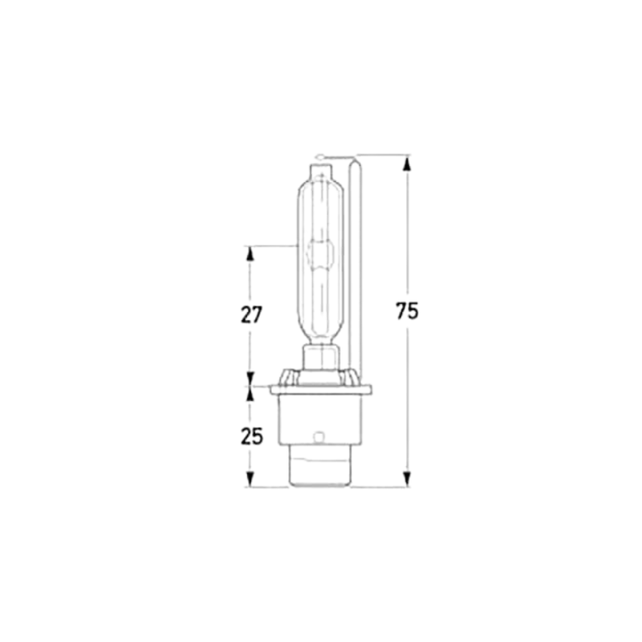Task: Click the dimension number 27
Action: coord(250,315)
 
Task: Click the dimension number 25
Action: coord(250,437)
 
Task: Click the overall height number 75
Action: coord(408,311)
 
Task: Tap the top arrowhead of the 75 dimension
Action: coord(408,162)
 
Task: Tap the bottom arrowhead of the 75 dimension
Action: coord(408,479)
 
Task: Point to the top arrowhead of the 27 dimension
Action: coord(250,254)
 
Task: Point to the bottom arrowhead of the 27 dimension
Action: coord(250,378)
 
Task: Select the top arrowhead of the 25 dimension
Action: coord(250,394)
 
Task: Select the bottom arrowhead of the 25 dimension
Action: coord(250,479)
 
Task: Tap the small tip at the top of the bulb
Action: coord(320,170)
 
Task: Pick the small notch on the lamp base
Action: coord(320,438)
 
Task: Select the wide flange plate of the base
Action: coord(321,390)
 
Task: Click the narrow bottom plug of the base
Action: coord(320,472)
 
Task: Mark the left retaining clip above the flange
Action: coord(289,376)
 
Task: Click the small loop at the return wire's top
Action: coord(320,155)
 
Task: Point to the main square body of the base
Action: coord(320,421)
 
